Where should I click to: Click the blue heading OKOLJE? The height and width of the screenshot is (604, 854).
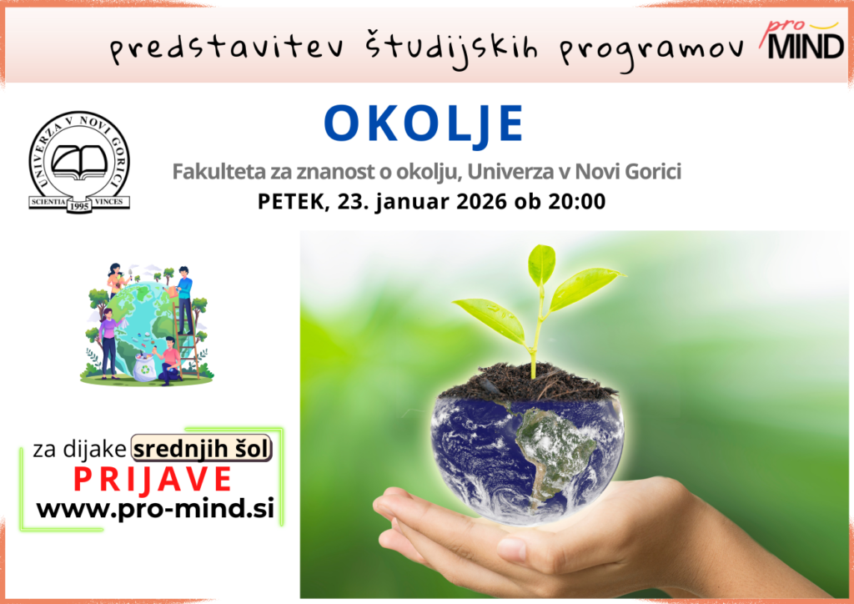(x=424, y=124)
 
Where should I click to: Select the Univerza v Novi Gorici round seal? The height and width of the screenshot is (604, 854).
(x=79, y=162)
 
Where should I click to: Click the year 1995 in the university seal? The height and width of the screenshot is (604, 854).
(x=79, y=206)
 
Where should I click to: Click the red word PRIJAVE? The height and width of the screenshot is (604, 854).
(x=153, y=480)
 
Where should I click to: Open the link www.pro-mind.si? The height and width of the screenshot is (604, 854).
(x=155, y=509)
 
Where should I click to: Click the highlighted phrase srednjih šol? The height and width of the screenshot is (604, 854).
(x=202, y=449)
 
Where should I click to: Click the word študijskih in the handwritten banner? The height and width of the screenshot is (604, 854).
(x=451, y=48)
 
